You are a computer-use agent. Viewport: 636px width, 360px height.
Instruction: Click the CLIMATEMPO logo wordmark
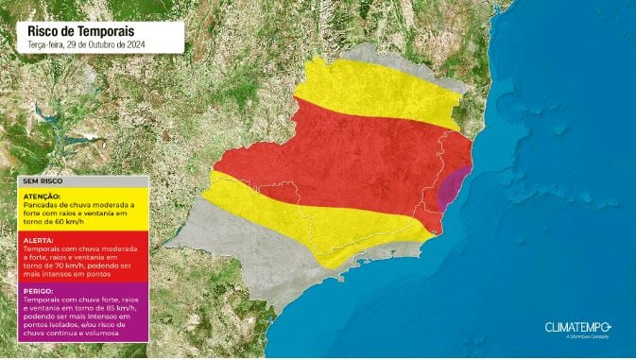point(577,327)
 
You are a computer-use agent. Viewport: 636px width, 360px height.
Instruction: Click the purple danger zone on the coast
point(456,187)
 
